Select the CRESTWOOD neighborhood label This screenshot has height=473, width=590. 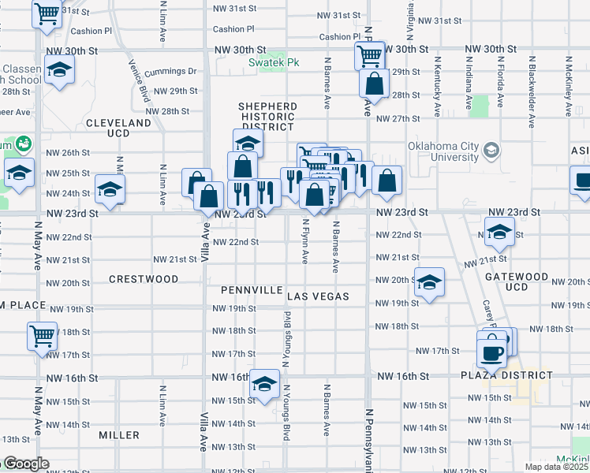144,279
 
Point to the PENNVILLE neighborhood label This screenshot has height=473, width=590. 252,290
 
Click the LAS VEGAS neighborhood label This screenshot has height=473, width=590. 318,296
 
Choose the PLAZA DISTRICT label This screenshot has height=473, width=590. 498,374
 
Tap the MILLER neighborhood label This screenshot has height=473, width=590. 119,435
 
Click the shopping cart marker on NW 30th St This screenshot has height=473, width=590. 368,55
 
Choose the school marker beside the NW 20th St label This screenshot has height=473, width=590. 429,281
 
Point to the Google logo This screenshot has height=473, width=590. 25,464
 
